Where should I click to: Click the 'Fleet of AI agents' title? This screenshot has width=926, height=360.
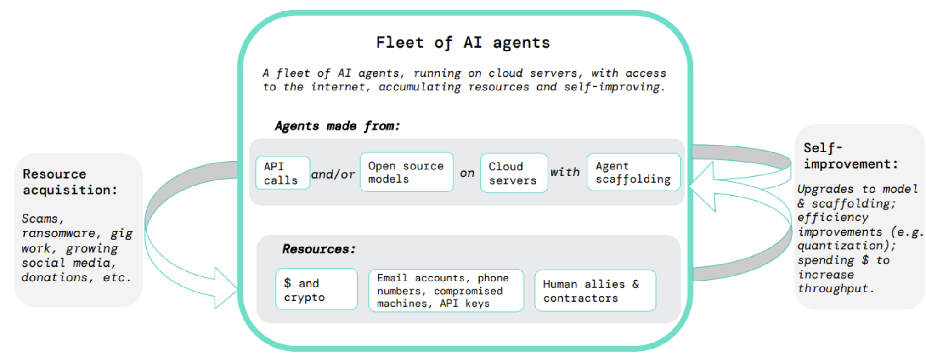tap(463, 43)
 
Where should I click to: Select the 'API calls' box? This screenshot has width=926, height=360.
tap(282, 173)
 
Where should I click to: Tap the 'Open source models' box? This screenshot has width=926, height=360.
tap(407, 172)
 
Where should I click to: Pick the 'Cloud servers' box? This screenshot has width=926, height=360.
tap(514, 173)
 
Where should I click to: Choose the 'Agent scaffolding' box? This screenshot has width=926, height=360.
tap(633, 172)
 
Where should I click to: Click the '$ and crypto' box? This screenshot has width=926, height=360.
tap(316, 290)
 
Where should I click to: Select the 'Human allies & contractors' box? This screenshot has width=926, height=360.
tap(595, 291)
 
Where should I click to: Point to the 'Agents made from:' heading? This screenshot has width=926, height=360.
tap(337, 126)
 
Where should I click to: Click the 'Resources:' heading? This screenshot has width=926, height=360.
tap(319, 249)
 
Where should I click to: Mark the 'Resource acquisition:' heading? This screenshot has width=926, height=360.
tap(70, 182)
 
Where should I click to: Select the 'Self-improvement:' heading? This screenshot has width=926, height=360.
tap(850, 156)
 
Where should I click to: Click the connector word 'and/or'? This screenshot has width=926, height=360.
tap(333, 174)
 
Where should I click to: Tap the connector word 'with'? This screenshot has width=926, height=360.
tap(565, 172)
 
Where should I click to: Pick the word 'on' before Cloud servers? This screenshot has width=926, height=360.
tap(467, 173)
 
